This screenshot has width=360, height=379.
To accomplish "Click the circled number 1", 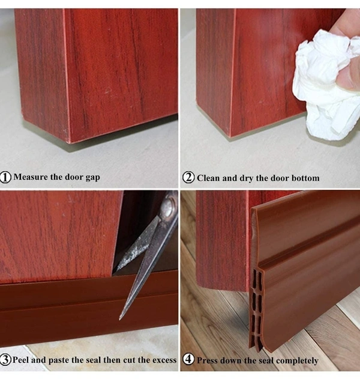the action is click(x=5, y=177).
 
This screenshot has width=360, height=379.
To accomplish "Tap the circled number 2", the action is click(x=188, y=177).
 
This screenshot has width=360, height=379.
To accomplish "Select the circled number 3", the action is click(x=5, y=360).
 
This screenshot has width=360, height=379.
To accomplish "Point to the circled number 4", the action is click(x=188, y=359).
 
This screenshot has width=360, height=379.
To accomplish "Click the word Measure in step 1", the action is click(x=31, y=177).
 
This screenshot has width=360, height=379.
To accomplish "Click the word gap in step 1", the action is click(x=93, y=178).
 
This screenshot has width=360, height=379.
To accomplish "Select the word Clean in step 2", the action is click(x=208, y=178).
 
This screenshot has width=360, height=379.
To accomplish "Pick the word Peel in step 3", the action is click(x=20, y=360).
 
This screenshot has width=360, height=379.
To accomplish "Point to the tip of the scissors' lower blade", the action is click(x=120, y=319).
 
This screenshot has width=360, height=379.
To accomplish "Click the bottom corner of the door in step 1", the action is click(x=70, y=142).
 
